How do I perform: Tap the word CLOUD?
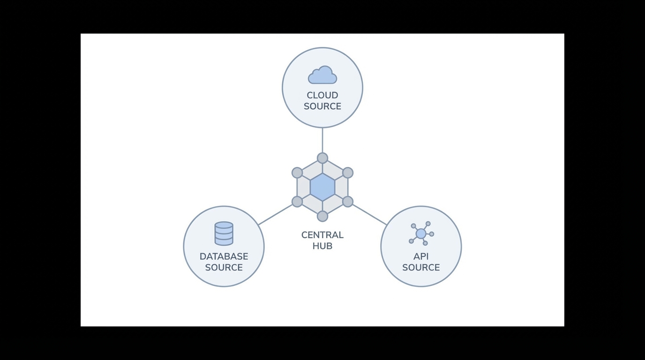tap(322, 96)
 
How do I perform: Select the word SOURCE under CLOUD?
tap(322, 106)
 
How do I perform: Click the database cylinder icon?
tap(224, 233)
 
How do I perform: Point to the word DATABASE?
tap(224, 256)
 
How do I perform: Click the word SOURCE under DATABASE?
tap(224, 268)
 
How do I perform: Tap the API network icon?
tap(421, 233)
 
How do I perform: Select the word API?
tap(421, 256)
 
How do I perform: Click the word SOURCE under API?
tap(421, 268)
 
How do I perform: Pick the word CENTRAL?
tap(322, 235)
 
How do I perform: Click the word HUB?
tap(322, 246)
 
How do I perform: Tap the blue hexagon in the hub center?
tap(322, 187)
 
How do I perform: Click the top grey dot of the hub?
tap(322, 158)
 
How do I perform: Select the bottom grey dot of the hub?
tap(322, 216)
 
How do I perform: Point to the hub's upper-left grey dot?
tap(297, 172)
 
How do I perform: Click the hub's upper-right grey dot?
tap(348, 172)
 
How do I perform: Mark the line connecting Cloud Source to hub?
tap(322, 140)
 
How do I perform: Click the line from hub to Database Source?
tap(276, 215)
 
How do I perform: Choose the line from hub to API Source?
tap(369, 215)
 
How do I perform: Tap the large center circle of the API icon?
tap(421, 233)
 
